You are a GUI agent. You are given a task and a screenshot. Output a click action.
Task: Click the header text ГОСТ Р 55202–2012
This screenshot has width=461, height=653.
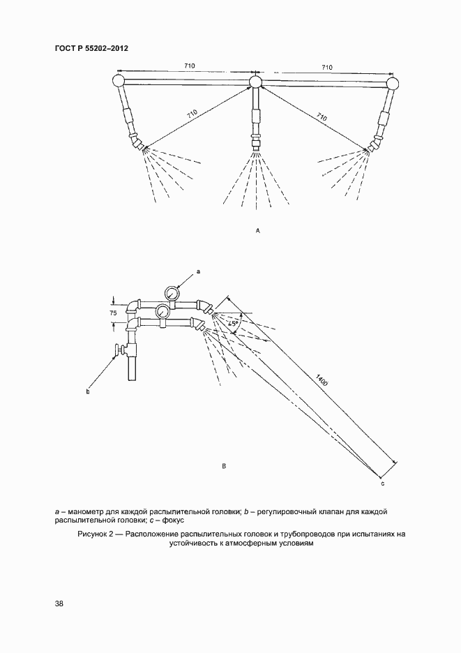coord(91,47)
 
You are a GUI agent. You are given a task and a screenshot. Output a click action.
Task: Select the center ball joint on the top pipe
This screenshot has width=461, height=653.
coord(255,83)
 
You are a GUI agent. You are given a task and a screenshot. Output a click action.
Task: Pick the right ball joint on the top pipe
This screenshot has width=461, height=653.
coord(393,84)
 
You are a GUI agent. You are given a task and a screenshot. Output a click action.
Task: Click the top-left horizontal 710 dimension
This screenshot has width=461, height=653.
coord(189,65)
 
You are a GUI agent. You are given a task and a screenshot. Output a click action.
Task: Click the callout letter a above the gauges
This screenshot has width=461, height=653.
coord(199,270)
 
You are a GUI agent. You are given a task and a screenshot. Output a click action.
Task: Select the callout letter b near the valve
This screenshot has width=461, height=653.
coord(88,392)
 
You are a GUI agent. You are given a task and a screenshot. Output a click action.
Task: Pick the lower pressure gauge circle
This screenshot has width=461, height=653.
coord(163,310)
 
